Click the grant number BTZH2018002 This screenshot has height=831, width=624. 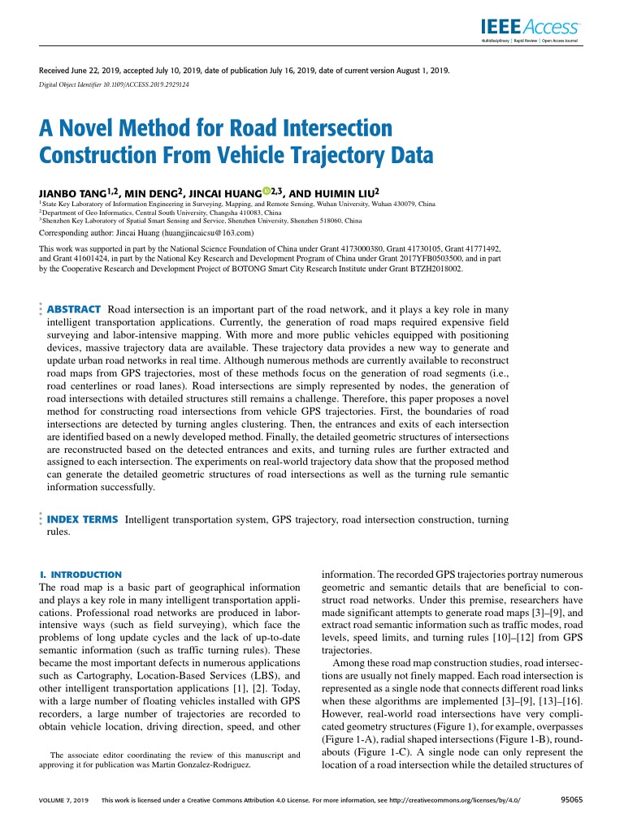436,267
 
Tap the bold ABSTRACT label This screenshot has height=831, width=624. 74,309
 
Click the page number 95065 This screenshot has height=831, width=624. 574,799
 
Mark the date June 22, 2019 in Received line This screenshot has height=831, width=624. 93,71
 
